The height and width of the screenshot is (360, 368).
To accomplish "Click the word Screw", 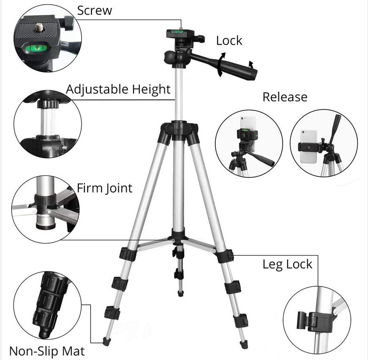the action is click(x=95, y=11).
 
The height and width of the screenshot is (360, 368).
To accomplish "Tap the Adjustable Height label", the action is click(x=118, y=90).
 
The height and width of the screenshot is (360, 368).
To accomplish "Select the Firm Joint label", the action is click(x=105, y=188).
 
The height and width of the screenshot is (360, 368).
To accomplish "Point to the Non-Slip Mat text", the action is click(x=47, y=351).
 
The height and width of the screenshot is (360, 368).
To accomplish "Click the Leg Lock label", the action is click(x=288, y=264).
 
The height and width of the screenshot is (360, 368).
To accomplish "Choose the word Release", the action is click(x=285, y=97).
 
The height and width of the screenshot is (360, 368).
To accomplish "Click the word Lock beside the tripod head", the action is click(x=229, y=41).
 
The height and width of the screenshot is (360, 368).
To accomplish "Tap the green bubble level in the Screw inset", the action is click(x=36, y=48).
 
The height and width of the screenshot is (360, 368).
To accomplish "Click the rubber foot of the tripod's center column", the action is click(x=181, y=293).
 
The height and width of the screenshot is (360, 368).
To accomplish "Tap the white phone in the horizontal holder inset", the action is click(x=308, y=147).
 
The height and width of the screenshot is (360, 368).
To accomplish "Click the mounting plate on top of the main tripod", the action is click(x=180, y=33).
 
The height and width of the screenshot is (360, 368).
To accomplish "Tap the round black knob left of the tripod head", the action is click(x=170, y=57).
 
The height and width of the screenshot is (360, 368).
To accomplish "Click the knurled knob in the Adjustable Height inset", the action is click(x=48, y=103).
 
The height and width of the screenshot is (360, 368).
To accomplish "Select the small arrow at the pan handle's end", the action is click(x=251, y=64).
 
